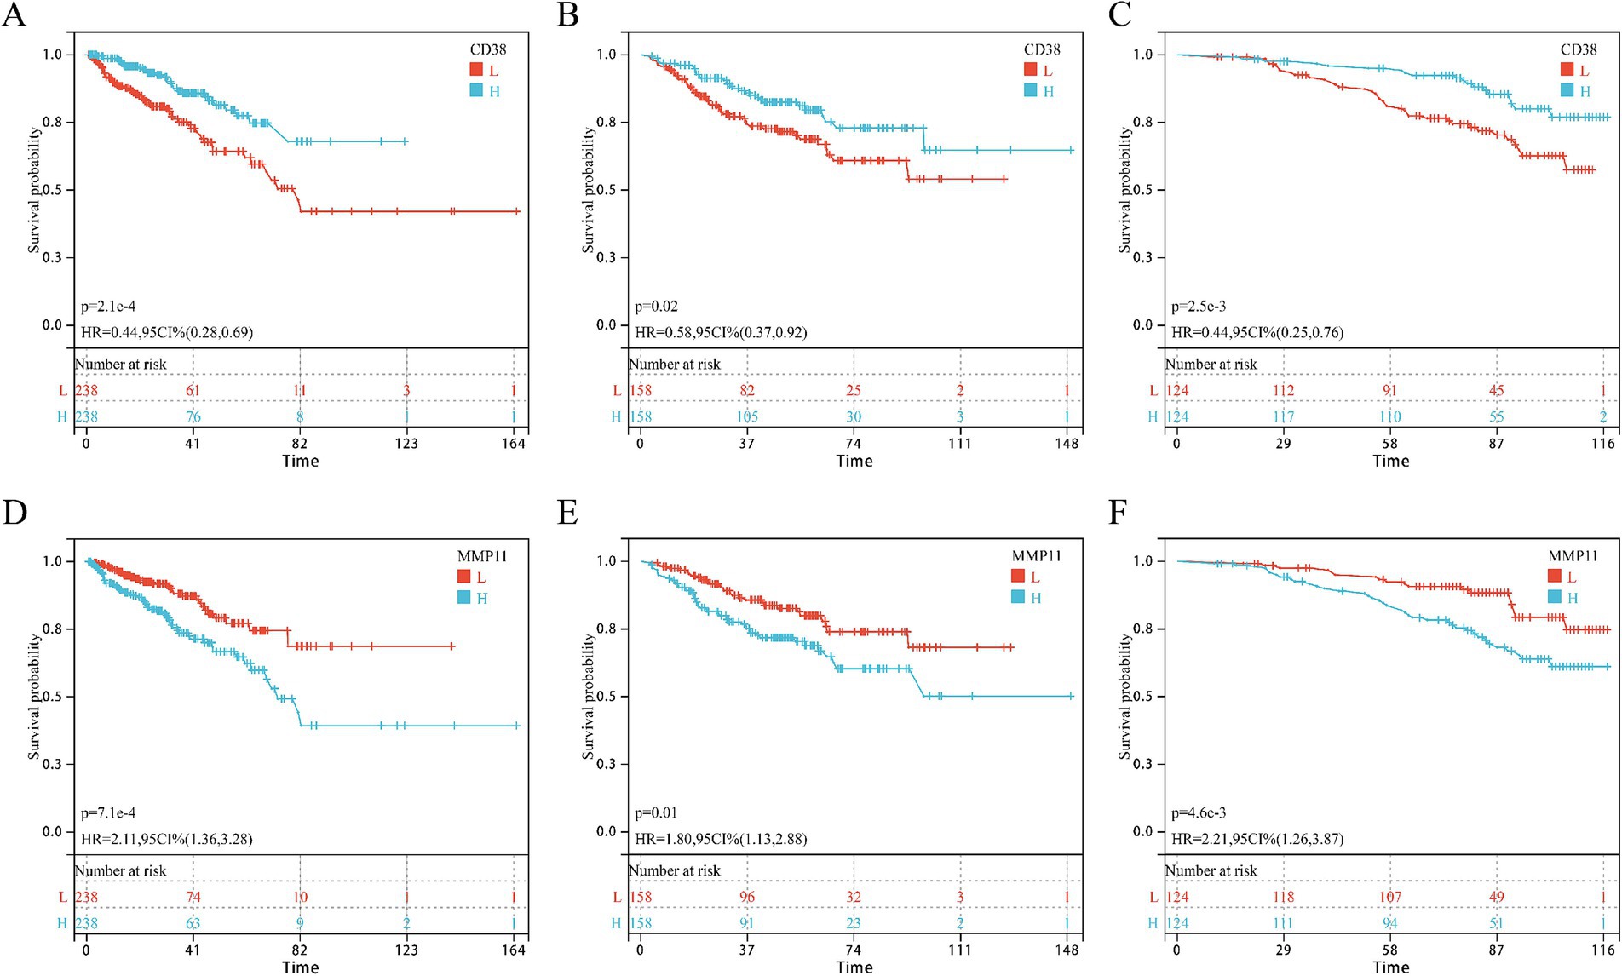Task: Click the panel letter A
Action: coord(14,15)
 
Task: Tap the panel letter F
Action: coord(1118,513)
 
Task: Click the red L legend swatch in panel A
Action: coord(476,70)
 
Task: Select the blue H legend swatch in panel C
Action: coord(1567,90)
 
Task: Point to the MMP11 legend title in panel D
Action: coord(481,556)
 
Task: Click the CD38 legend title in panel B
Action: coord(1042,49)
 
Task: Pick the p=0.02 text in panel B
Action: coord(656,306)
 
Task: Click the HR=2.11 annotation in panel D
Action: coord(167,839)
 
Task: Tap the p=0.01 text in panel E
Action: coord(656,812)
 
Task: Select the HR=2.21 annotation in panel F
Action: coord(1257,839)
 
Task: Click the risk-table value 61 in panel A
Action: coord(193,390)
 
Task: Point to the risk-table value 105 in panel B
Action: coord(746,416)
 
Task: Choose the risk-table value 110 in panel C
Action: coord(1389,416)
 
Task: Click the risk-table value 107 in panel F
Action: coord(1389,897)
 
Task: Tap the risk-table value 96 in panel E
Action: coord(746,897)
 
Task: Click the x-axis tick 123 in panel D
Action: coord(406,950)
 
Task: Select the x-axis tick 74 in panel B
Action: coord(853,443)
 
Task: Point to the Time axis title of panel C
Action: coord(1390,461)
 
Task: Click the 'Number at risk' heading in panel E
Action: coord(675,870)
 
